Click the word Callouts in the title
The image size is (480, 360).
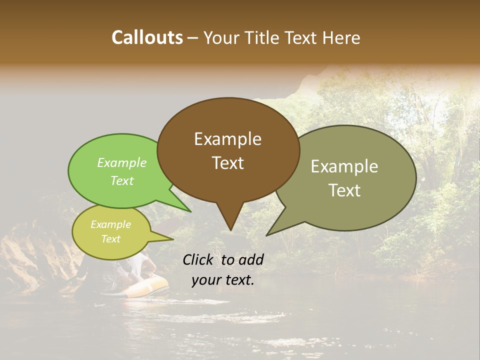click(147, 37)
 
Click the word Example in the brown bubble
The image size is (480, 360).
click(227, 139)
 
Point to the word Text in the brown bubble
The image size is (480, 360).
click(227, 163)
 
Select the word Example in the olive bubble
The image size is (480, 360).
click(344, 166)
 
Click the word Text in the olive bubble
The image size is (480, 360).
click(344, 190)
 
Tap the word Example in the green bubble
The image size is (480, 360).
click(122, 162)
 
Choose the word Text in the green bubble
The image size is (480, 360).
click(122, 180)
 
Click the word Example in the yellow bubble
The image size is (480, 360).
click(110, 224)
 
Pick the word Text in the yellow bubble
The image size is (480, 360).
click(110, 239)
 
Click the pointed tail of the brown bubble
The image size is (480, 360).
click(230, 227)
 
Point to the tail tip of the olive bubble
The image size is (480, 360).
click(268, 234)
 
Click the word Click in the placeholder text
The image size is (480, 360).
click(199, 259)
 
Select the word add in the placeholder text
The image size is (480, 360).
click(251, 259)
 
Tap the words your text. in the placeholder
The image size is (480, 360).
click(222, 280)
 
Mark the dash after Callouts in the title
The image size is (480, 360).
click(193, 38)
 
